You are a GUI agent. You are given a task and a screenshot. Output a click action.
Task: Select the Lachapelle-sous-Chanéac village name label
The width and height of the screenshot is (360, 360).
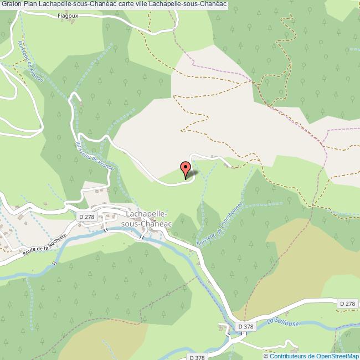(x=148, y=218)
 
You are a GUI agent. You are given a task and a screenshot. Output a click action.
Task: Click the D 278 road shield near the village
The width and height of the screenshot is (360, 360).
(x=86, y=217)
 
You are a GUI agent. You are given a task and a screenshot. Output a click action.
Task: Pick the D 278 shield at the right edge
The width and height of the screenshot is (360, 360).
(x=347, y=304)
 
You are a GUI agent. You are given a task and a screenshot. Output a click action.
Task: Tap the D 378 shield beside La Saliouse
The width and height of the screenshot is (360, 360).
(x=246, y=327)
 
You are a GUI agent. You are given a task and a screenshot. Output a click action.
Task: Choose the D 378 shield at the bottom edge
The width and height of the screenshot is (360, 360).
(x=197, y=357)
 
